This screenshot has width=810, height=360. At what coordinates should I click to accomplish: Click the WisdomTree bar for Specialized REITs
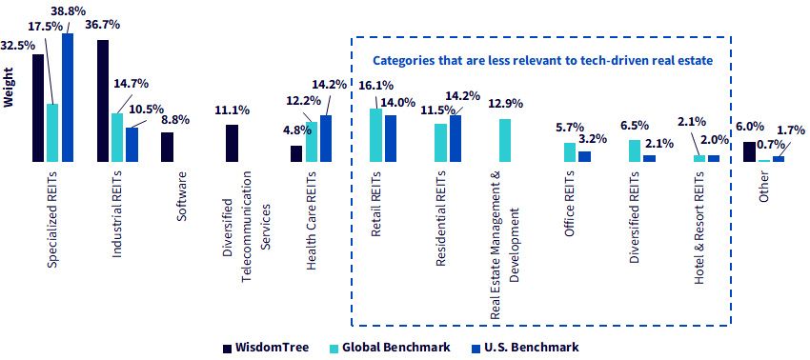coord(38,108)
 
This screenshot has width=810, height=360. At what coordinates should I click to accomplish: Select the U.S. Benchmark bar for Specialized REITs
coord(67,97)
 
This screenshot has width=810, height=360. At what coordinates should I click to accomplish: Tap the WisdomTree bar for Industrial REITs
coord(103,101)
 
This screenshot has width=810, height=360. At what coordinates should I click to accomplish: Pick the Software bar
coord(168,148)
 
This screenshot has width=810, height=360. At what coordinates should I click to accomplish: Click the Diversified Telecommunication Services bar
coord(232,143)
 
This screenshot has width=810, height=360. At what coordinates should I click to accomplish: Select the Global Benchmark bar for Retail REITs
coord(375,135)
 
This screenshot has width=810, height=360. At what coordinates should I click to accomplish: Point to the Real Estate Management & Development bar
coord(505,141)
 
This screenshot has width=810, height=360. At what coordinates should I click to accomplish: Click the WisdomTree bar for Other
coord(749,151)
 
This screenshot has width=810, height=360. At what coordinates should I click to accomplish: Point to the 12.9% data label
coord(506,104)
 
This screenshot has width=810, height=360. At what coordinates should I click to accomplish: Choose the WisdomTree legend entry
coord(266,347)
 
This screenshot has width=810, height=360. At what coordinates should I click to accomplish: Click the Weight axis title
coord(8,93)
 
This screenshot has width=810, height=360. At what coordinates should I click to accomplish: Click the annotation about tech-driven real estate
coord(543,60)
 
